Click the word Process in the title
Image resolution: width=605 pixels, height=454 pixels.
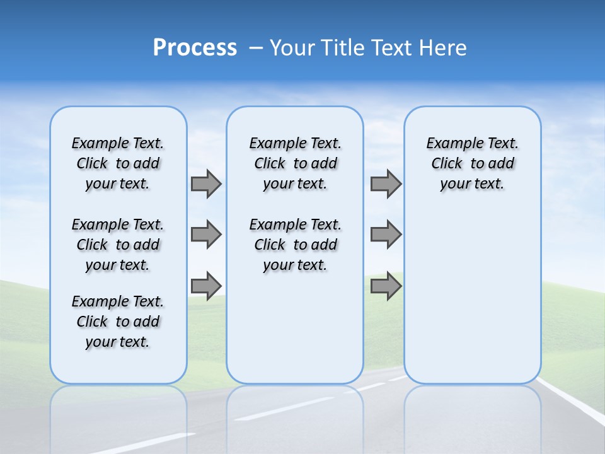tap(195, 48)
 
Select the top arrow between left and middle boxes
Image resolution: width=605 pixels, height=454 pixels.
tap(205, 183)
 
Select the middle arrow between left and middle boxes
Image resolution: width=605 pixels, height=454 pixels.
tap(205, 235)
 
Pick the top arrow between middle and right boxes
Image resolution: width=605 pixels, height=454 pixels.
tap(386, 183)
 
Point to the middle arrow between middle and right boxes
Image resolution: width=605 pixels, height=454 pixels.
tap(386, 235)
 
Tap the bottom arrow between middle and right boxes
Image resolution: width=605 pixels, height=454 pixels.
tap(386, 286)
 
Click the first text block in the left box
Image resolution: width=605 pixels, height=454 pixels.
tap(118, 163)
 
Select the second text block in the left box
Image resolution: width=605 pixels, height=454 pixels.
tap(118, 245)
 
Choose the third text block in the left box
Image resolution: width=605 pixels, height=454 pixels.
tap(118, 322)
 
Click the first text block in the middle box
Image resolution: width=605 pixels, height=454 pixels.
tap(296, 163)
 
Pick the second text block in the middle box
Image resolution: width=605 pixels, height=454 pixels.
tap(296, 245)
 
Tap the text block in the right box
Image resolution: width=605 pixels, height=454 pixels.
tap(473, 163)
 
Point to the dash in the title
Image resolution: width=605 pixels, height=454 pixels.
tap(255, 48)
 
